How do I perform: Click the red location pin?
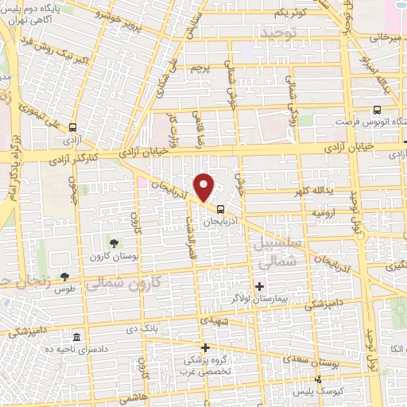click(205, 186)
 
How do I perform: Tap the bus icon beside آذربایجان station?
click(220, 211)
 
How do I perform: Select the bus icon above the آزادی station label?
click(73, 126)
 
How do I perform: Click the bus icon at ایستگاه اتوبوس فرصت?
click(376, 110)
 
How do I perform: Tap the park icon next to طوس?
click(64, 277)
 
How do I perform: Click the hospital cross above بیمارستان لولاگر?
click(260, 285)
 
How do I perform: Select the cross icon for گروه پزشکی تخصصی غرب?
click(206, 347)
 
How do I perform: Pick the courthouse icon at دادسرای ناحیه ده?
click(76, 336)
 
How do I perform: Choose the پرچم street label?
click(200, 67)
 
